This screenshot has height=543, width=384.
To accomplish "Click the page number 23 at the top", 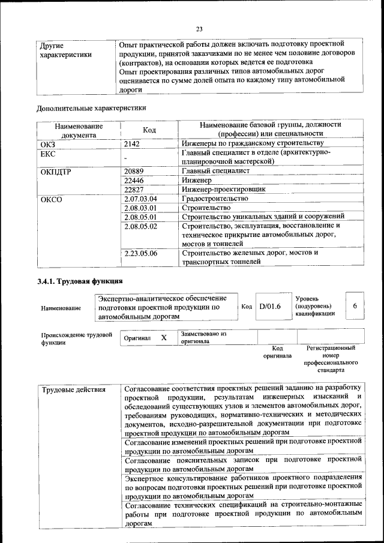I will tap(199, 28).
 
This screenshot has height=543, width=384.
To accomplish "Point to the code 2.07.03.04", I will tap(140, 199).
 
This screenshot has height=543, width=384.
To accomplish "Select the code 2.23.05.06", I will tap(140, 253).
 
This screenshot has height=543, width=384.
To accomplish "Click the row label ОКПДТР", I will tap(55, 171).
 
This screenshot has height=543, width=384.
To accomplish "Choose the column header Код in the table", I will tap(149, 130).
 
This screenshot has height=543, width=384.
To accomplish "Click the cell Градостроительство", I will tap(214, 199).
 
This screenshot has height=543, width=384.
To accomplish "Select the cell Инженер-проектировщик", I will tap(223, 189).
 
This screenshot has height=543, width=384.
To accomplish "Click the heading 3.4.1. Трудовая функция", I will tap(80, 281).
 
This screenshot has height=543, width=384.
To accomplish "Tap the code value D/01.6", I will tap(270, 307).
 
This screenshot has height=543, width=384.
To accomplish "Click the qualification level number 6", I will tap(355, 306).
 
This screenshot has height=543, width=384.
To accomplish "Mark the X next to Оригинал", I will tap(163, 338).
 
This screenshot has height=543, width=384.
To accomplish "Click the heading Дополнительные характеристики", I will tap(91, 108).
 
